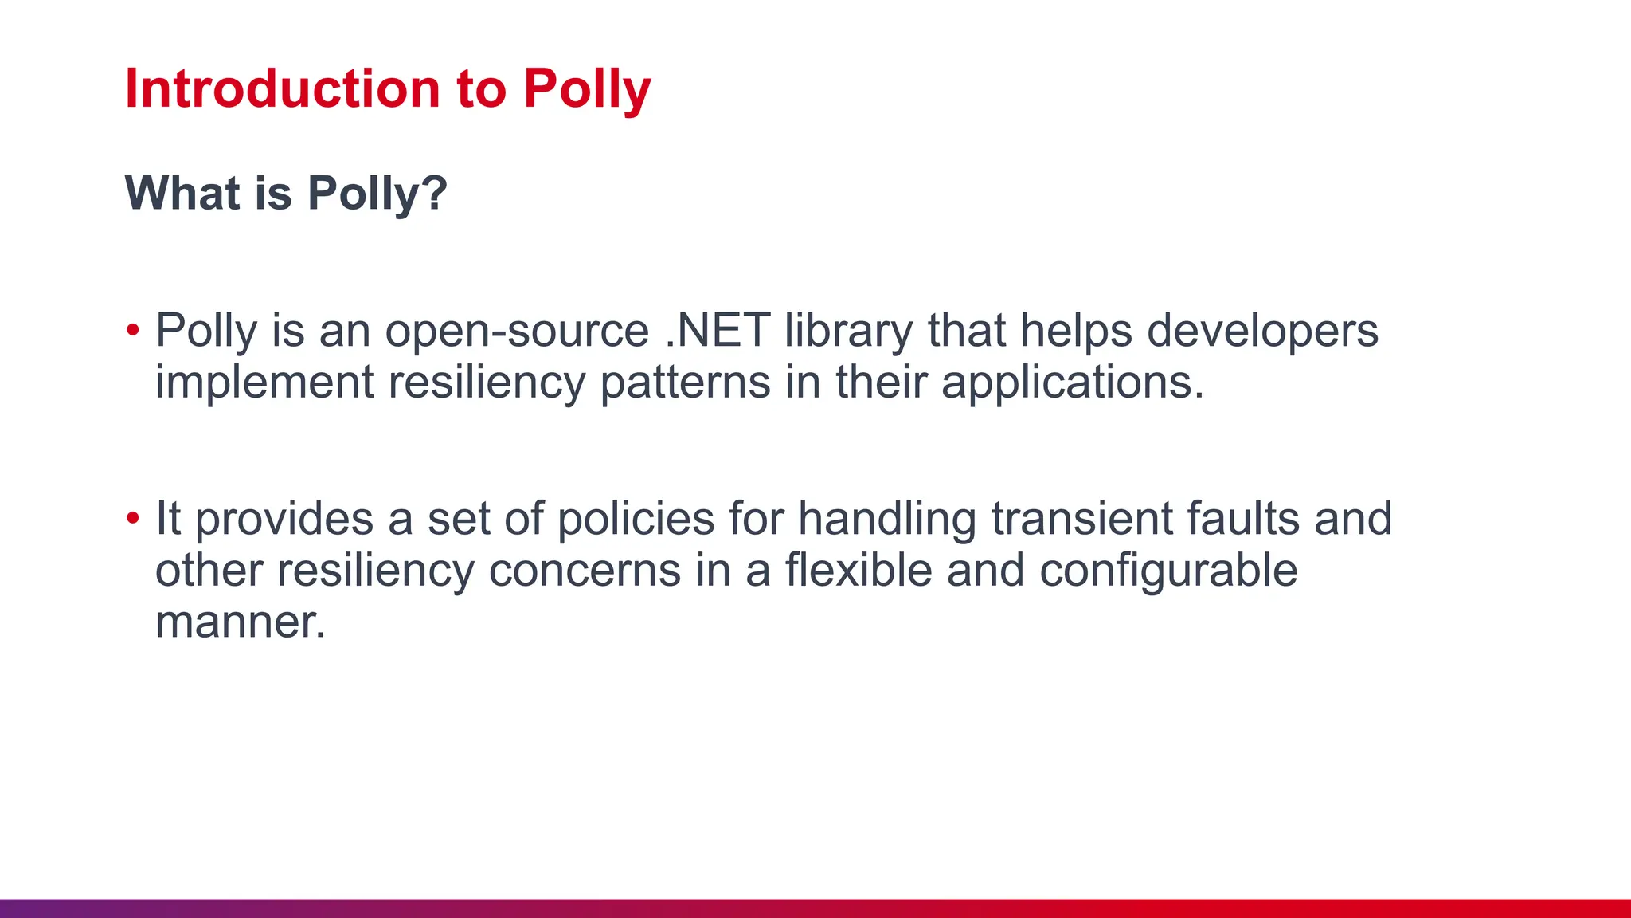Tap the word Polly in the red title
point(587,89)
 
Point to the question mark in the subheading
point(435,193)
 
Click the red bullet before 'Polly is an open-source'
point(133,329)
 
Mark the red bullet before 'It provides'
point(133,518)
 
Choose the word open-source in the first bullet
point(517,331)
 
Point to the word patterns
point(685,383)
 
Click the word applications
point(1073,383)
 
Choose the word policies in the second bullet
point(636,520)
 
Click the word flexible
point(859,571)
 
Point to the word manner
point(240,622)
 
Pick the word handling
point(887,520)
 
